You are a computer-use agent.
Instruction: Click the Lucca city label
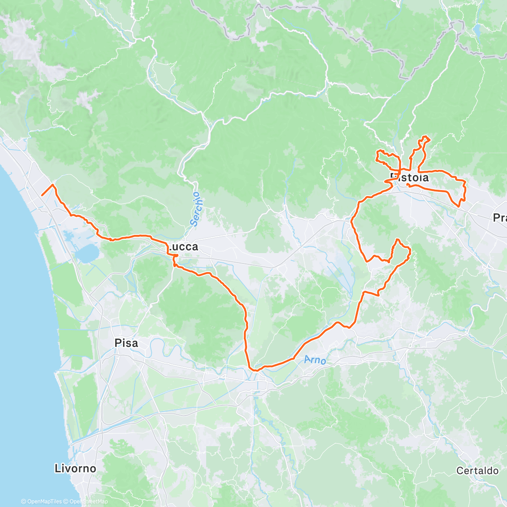tap(183, 247)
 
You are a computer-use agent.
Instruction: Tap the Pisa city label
tap(126, 343)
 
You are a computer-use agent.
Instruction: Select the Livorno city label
tap(75, 468)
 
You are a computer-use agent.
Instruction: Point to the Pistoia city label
tap(409, 177)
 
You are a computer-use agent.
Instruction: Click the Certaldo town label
tap(477, 471)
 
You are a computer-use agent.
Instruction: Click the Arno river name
tap(315, 360)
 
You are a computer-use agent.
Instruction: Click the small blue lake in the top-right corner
tap(477, 30)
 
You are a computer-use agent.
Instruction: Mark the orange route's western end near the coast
tap(42, 195)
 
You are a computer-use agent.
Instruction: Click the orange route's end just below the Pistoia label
tap(407, 184)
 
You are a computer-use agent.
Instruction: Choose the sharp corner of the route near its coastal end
tap(53, 185)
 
